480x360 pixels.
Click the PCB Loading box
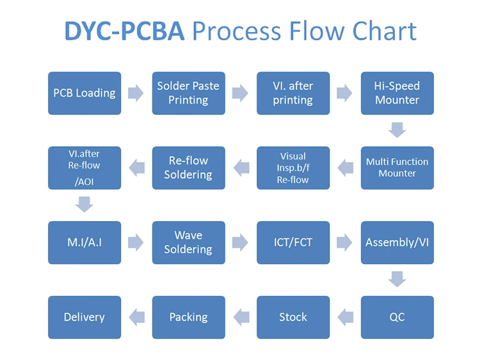[84, 94]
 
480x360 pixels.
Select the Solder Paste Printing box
[188, 94]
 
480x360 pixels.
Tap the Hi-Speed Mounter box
[397, 94]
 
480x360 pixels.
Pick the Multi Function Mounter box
[397, 168]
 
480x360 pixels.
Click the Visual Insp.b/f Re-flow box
[293, 168]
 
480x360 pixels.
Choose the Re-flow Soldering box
[188, 168]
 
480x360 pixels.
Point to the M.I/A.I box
[84, 243]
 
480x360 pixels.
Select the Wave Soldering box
[188, 243]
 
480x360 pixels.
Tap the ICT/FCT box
[293, 243]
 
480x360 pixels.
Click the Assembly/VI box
[397, 243]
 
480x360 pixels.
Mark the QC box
[397, 317]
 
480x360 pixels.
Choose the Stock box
[293, 317]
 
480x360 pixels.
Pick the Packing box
[188, 317]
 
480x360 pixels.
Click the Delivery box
[84, 317]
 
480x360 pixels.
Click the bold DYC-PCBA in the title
[124, 31]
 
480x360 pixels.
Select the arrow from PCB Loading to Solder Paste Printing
[136, 94]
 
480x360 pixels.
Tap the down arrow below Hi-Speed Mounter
[397, 130]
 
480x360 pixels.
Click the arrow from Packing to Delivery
[136, 315]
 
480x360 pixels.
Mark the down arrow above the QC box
[397, 279]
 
